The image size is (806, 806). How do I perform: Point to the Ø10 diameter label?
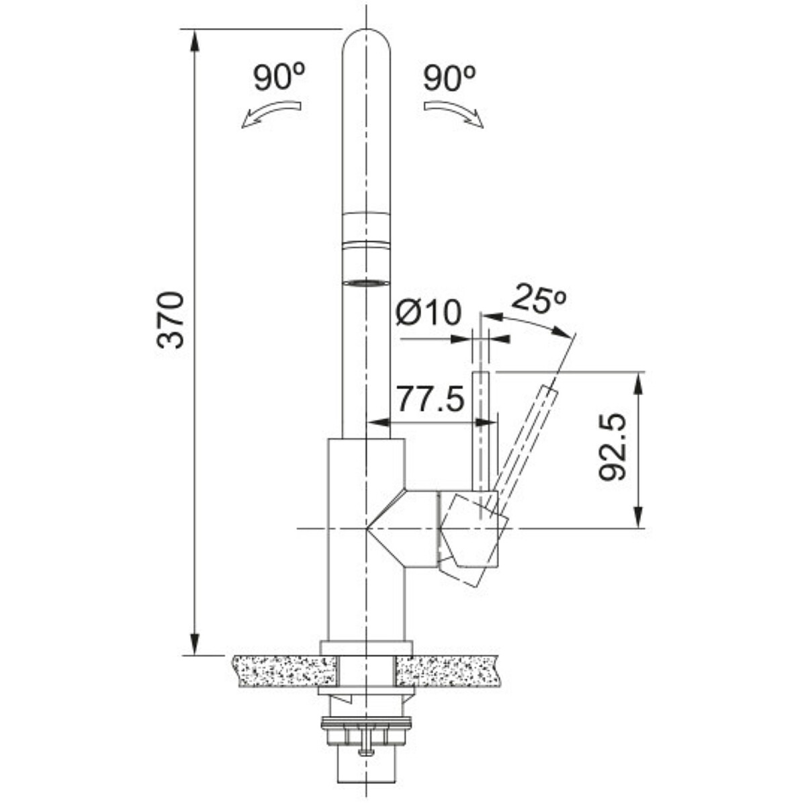pyautogui.click(x=429, y=312)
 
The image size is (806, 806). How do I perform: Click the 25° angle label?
pyautogui.click(x=539, y=298)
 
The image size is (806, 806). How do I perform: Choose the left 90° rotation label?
pyautogui.click(x=279, y=77)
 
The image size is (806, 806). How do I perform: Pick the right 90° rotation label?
pyautogui.click(x=449, y=77)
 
